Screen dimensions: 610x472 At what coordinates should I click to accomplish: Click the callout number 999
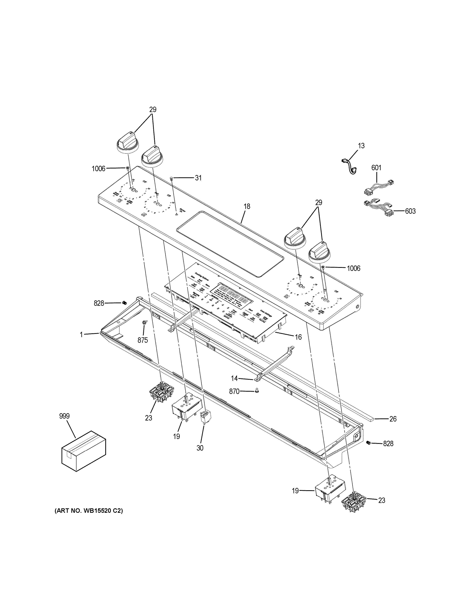click(x=64, y=424)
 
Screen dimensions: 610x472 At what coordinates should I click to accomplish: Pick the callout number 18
click(x=247, y=206)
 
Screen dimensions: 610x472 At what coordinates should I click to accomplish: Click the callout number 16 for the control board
click(x=298, y=337)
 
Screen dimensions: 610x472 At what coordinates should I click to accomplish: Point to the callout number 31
click(x=198, y=178)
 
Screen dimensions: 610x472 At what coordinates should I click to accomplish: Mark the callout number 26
click(x=393, y=427)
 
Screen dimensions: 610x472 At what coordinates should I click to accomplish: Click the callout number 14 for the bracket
click(x=234, y=378)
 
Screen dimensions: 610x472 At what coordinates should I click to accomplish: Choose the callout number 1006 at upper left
click(x=98, y=168)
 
